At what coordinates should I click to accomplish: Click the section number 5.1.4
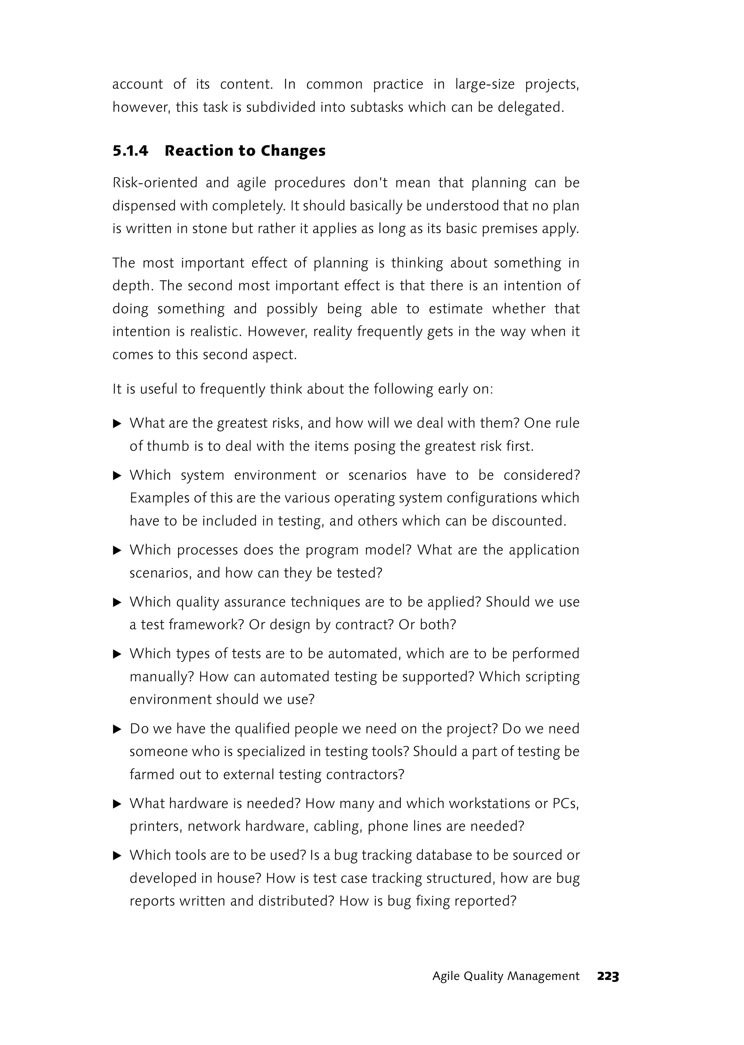coord(130,151)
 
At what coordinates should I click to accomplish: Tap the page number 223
coord(608,977)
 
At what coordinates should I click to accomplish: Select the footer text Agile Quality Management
coord(506,976)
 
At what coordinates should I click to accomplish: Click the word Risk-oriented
coord(154,183)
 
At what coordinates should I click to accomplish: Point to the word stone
coord(210,228)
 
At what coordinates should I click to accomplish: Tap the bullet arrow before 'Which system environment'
coord(117,475)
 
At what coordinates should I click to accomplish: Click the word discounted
coord(529,521)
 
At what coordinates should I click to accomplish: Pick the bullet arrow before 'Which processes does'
coord(117,550)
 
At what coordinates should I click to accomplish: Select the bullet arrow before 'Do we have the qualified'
coord(117,729)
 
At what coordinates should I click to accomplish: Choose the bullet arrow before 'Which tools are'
coord(117,855)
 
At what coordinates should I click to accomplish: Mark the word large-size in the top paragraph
coord(485,84)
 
